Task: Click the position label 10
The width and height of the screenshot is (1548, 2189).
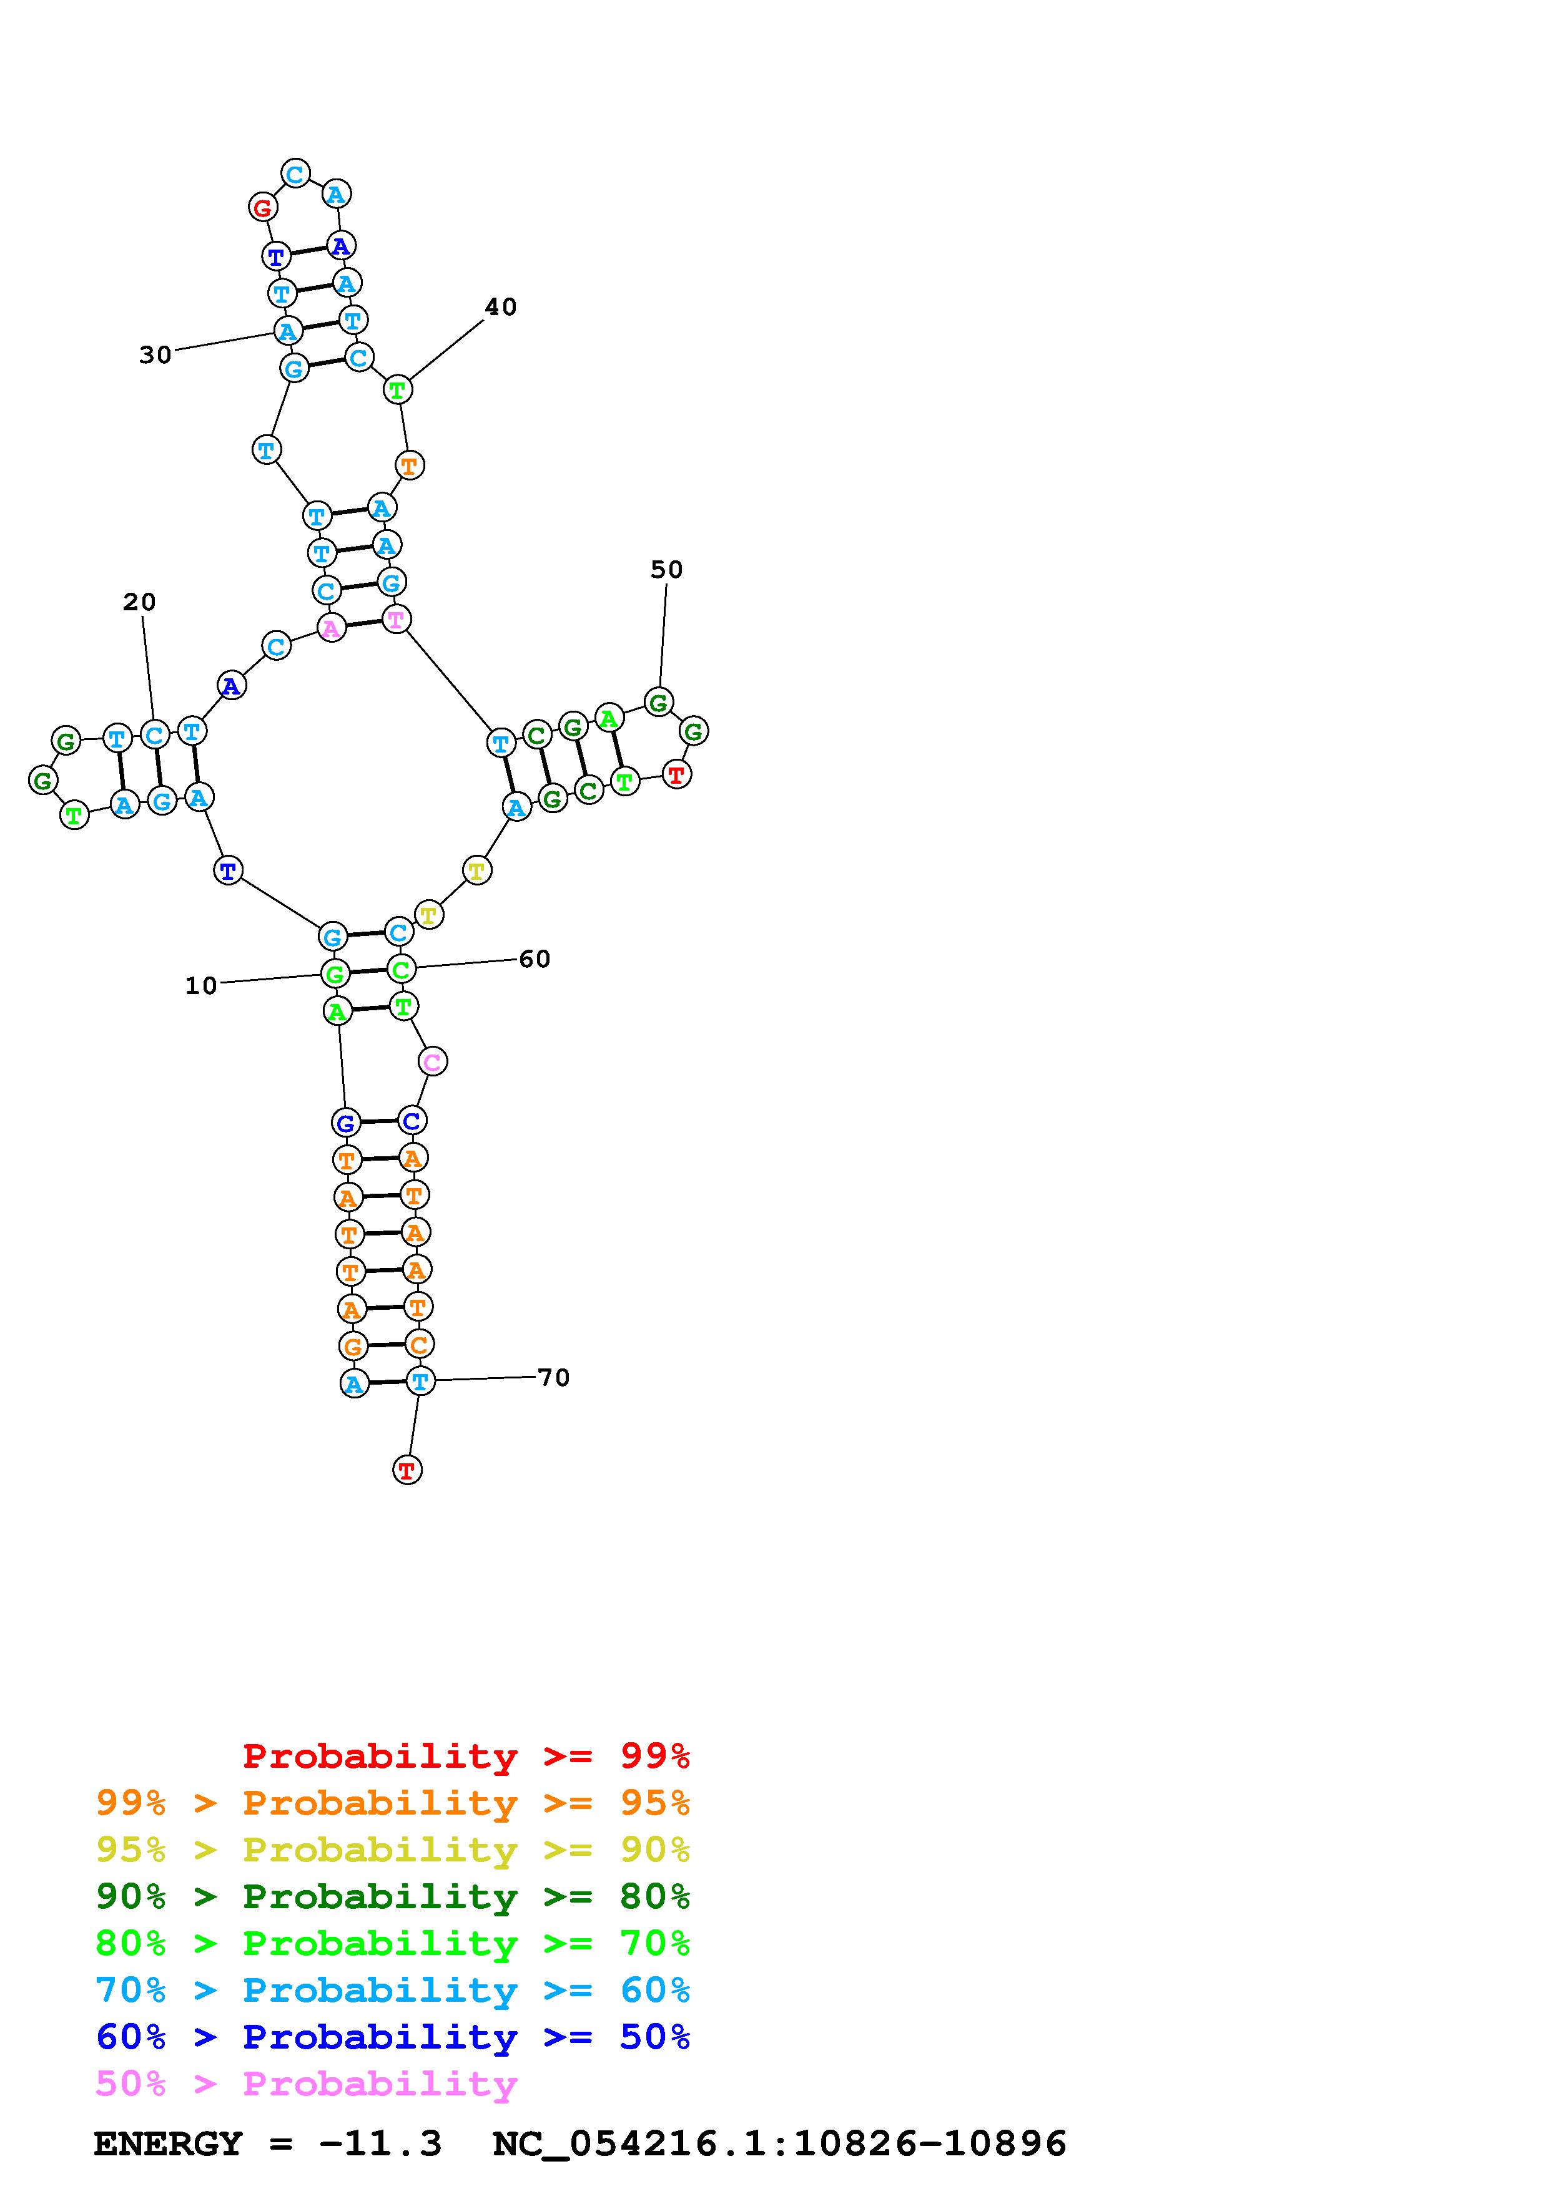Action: tap(201, 986)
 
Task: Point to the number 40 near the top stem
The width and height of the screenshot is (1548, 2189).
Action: tap(501, 307)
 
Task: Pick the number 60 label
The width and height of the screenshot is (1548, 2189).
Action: tap(535, 959)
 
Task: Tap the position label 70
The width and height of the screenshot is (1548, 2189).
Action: tap(554, 1378)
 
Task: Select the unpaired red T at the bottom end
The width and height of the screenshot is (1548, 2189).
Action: tap(407, 1470)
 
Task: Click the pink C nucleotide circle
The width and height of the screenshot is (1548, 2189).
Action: tap(433, 1061)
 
